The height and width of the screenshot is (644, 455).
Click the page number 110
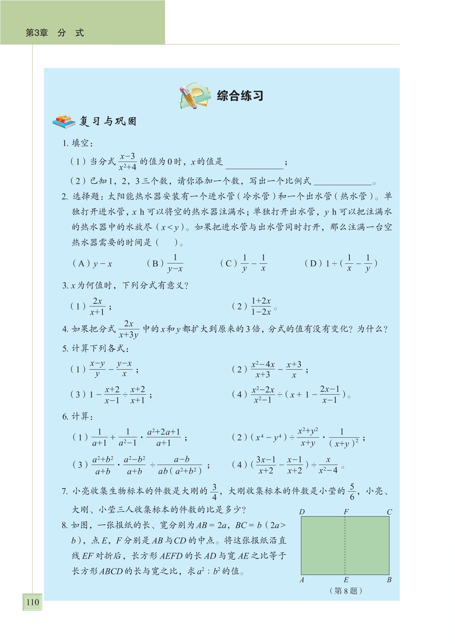(x=33, y=602)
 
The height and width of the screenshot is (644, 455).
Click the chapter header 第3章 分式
(x=55, y=33)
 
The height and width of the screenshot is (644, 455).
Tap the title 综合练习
(x=240, y=96)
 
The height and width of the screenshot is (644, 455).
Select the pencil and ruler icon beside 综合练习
(x=194, y=96)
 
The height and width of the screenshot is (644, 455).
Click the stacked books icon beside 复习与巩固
(x=64, y=122)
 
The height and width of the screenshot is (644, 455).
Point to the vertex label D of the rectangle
(x=302, y=512)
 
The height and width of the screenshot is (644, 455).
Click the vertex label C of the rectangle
(x=389, y=512)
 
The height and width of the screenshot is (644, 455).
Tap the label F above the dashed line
(x=346, y=512)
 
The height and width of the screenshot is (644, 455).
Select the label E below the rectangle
(x=346, y=580)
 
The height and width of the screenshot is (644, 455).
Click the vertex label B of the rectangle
(x=389, y=580)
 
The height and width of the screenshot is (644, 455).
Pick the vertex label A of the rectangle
(x=302, y=580)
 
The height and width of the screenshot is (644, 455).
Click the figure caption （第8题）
(x=346, y=591)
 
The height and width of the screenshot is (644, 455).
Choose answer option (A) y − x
(x=92, y=264)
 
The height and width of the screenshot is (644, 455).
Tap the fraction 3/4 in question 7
(x=214, y=492)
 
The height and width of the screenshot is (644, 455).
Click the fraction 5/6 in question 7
(x=352, y=492)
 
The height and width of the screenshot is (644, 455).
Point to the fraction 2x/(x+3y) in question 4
(x=128, y=329)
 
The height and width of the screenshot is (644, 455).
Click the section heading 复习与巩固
(x=108, y=122)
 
